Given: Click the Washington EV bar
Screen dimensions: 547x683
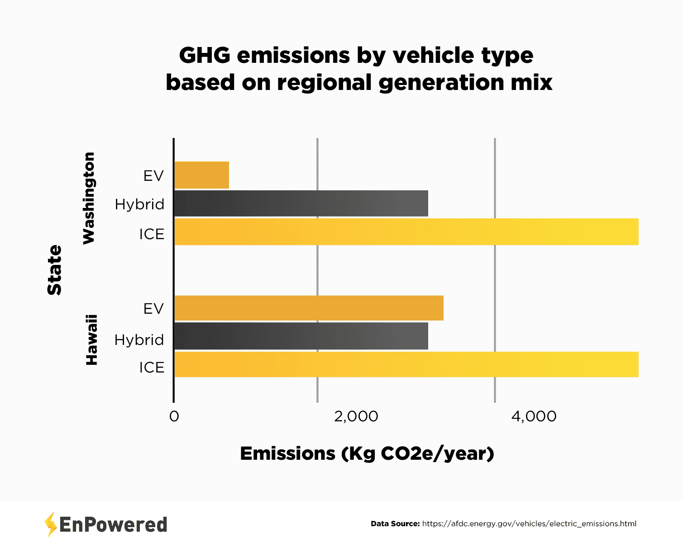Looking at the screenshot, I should (201, 175).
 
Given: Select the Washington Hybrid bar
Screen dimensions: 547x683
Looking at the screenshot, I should (301, 203).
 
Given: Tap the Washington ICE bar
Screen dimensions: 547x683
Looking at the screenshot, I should (406, 232).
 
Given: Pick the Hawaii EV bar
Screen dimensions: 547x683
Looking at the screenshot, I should (309, 308).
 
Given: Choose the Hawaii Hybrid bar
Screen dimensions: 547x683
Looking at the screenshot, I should (301, 336).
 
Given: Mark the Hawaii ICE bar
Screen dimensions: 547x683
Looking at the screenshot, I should (406, 364).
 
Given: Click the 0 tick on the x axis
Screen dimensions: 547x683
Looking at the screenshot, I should (174, 416).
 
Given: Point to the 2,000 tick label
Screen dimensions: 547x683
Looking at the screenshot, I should (356, 416).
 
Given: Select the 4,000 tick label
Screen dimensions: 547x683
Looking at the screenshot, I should (534, 416).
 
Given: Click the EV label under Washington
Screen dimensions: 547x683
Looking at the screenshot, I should (153, 176).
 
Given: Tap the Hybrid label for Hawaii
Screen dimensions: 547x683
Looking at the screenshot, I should (139, 340).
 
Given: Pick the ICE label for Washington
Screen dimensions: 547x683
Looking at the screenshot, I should (152, 234).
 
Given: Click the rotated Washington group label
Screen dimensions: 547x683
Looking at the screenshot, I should (89, 198).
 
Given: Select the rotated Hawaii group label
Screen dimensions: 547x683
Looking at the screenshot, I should (92, 340).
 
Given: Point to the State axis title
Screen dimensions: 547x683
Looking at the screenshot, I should (55, 270).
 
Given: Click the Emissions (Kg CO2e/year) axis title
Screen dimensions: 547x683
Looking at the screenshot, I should (367, 453).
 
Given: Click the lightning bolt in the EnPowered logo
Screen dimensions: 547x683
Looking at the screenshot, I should (51, 524).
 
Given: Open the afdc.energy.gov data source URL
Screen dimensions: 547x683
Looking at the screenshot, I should (529, 524).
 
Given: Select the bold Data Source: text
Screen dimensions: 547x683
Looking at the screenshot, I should (395, 524).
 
